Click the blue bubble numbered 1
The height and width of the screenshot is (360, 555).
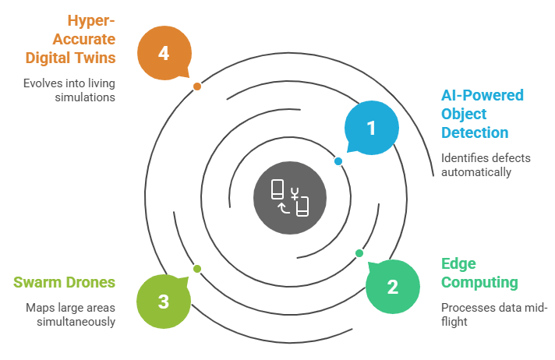[x=372, y=128]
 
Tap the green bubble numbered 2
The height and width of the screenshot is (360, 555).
[x=392, y=286]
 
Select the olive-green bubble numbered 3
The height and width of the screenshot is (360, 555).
[x=163, y=301]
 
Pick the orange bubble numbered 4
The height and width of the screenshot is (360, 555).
[x=163, y=53]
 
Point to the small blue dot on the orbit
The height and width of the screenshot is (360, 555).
[x=338, y=161]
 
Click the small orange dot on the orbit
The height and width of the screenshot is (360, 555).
[x=197, y=86]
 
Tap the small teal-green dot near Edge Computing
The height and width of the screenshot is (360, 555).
[x=359, y=252]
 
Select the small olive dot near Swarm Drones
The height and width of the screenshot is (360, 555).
[x=197, y=268]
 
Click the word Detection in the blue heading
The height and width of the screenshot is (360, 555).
[x=475, y=132]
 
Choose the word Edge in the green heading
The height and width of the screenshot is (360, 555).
[x=458, y=263]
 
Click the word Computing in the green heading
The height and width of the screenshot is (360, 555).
[x=479, y=282]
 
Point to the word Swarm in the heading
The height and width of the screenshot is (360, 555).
[x=37, y=281]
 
